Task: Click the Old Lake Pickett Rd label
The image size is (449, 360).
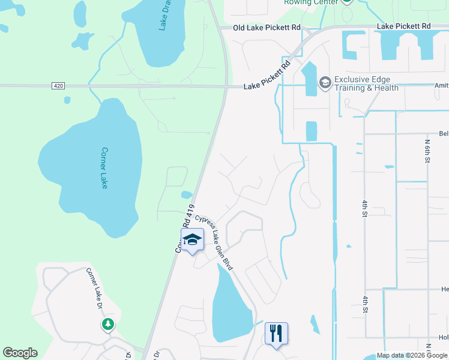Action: (267, 28)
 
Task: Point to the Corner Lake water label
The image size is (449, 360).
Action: (104, 168)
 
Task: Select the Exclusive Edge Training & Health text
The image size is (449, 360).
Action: (366, 83)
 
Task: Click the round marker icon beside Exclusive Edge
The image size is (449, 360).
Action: (325, 82)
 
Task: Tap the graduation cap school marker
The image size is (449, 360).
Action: (192, 241)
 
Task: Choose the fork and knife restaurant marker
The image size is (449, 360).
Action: (276, 332)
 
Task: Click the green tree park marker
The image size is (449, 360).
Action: (108, 325)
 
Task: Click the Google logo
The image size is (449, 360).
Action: (20, 353)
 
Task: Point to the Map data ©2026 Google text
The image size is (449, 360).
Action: (412, 355)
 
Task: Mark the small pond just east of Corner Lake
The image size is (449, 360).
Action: (187, 194)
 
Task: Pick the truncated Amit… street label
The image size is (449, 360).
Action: (441, 86)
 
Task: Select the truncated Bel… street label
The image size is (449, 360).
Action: (444, 134)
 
